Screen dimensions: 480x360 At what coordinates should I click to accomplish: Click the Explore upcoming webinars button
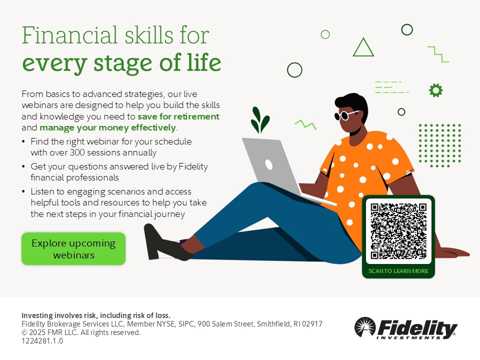tap(73, 248)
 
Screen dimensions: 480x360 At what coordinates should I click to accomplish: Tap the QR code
tap(398, 231)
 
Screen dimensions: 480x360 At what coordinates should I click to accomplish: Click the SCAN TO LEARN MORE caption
tap(398, 271)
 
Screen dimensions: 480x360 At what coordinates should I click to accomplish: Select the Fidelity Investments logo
tap(406, 328)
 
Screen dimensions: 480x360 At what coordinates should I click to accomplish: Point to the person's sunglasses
tap(345, 115)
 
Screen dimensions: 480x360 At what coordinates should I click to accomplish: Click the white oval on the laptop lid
tap(269, 164)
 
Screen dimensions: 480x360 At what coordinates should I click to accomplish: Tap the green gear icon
tap(435, 90)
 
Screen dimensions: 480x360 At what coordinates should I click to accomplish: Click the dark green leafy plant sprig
tap(260, 119)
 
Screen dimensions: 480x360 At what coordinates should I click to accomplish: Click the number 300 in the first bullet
tap(77, 152)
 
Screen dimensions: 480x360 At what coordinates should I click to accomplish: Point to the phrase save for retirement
tap(178, 116)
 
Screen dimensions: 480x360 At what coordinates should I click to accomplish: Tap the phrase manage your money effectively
tap(108, 127)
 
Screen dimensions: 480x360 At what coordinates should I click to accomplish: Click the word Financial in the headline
tap(70, 35)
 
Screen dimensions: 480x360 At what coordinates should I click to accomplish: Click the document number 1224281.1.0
tap(42, 341)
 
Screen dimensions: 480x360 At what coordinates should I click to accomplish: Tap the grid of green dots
tap(439, 145)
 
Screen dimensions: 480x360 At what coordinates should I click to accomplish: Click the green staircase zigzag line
tap(438, 54)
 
